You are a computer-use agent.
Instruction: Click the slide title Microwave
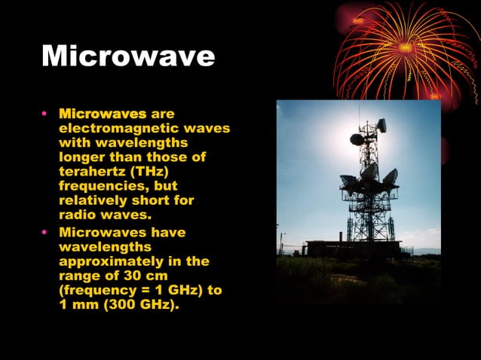click(x=128, y=56)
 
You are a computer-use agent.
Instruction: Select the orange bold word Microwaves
click(x=103, y=114)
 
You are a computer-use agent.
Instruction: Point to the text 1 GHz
click(x=175, y=290)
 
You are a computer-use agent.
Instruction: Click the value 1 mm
click(x=77, y=305)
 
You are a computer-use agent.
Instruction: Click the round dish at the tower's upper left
click(x=357, y=139)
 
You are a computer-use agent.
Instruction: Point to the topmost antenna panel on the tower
click(x=381, y=125)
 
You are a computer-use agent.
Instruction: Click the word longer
click(x=81, y=157)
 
